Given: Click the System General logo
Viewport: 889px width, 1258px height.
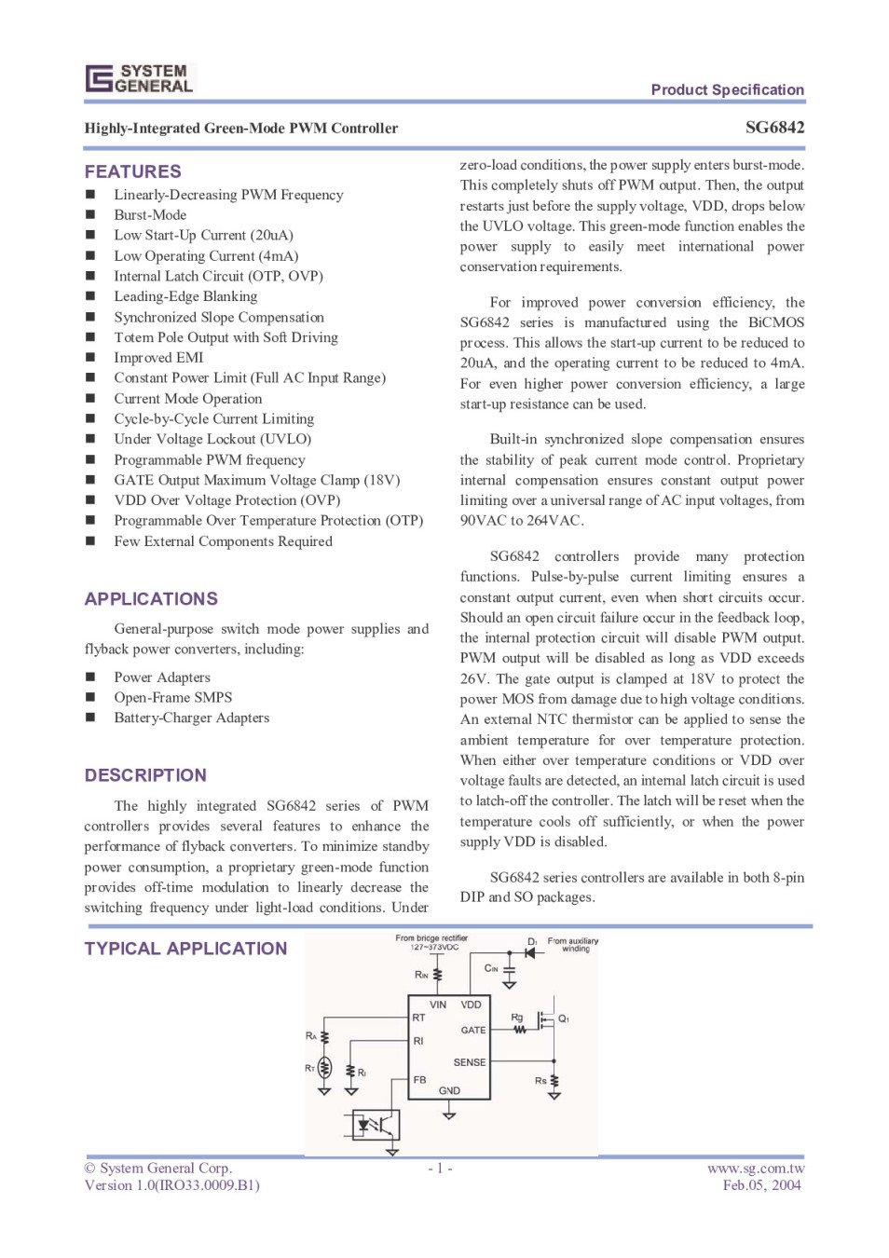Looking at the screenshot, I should click(x=140, y=78).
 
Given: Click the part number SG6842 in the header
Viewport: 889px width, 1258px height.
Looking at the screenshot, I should click(x=774, y=128).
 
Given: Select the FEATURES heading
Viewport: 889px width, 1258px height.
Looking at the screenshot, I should click(x=133, y=171).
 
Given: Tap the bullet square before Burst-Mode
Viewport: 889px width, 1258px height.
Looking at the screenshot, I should click(x=90, y=215).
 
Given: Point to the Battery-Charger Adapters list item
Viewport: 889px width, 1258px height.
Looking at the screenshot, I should click(x=191, y=718).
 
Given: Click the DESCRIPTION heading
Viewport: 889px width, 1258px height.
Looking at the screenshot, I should click(x=145, y=775).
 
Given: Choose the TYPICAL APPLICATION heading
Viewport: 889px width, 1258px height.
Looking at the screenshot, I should click(x=185, y=949).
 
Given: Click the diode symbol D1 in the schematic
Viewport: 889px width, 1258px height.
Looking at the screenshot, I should click(x=529, y=952).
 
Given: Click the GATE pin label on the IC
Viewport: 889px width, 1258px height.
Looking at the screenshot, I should click(x=473, y=1030).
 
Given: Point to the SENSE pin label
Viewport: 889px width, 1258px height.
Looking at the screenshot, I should click(x=470, y=1062).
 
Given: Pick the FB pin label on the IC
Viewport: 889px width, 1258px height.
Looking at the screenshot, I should click(x=419, y=1080).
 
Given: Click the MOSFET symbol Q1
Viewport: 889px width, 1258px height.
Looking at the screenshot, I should click(x=550, y=1018).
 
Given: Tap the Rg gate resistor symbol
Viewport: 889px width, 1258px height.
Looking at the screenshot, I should click(x=520, y=1030).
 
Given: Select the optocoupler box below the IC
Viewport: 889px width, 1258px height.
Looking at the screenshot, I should click(x=376, y=1125).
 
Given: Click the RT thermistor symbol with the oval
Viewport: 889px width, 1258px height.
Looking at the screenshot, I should click(x=324, y=1068).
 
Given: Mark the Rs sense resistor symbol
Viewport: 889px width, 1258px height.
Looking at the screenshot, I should click(x=554, y=1082).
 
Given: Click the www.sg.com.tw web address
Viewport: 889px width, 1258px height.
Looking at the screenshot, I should click(x=755, y=1169).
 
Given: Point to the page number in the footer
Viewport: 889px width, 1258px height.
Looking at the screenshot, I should click(x=440, y=1169).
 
